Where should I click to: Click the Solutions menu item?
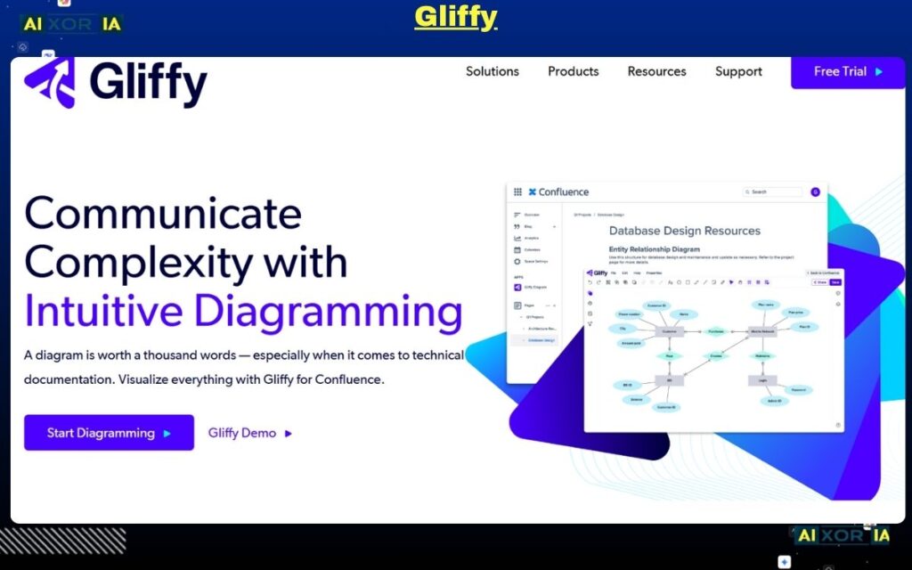(492, 71)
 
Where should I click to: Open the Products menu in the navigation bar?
(573, 71)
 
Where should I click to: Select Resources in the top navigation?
(656, 71)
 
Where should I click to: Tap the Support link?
(738, 71)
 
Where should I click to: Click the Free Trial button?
(847, 71)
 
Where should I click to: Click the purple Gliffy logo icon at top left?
(50, 83)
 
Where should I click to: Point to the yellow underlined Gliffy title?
(455, 17)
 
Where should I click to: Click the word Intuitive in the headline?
(104, 311)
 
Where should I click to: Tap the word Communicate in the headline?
(163, 214)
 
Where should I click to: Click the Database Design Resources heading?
(684, 231)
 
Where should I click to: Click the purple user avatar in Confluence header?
(815, 191)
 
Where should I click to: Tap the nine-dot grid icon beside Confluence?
(517, 191)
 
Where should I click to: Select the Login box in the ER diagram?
(762, 379)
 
